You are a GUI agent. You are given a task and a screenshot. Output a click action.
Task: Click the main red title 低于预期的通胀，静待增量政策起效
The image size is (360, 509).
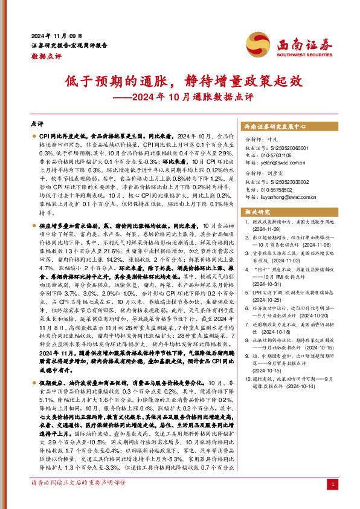[180, 81]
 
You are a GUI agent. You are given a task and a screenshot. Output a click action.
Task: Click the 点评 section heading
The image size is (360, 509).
[37, 123]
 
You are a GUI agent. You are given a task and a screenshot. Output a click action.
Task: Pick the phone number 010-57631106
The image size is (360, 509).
[278, 155]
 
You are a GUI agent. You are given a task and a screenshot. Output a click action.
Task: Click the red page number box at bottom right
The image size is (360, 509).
[333, 485]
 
